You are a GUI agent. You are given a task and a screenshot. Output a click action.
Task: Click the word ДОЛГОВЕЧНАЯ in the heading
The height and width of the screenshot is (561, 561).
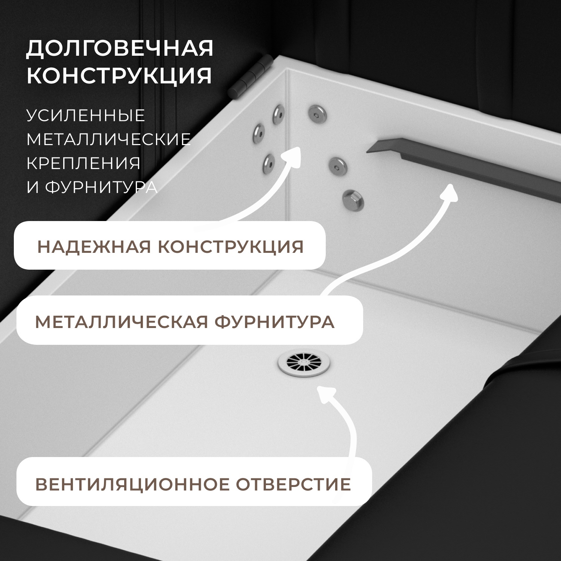[x=120, y=48]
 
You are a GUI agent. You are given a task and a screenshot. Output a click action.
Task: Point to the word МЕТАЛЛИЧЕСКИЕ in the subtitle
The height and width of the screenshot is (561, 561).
[x=108, y=139]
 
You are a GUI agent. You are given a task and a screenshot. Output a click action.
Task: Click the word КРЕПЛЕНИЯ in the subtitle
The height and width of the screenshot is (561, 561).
[x=83, y=163]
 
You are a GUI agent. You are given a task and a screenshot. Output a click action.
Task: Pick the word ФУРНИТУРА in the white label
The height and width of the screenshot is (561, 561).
[x=101, y=187]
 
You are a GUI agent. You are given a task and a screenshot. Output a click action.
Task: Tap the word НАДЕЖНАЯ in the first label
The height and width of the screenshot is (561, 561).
[x=93, y=247]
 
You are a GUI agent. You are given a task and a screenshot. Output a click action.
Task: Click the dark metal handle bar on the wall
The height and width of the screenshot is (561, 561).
[x=464, y=165]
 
